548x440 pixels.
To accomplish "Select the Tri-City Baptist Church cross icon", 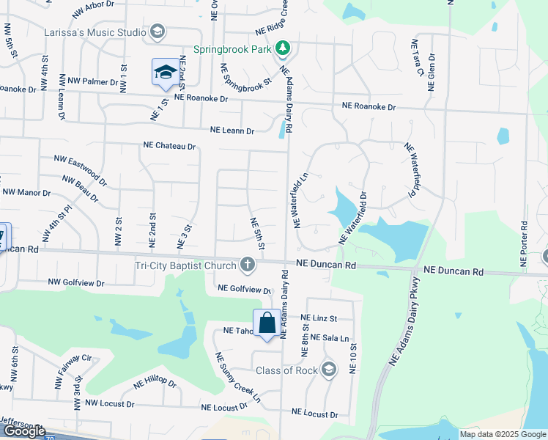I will pos(248,264).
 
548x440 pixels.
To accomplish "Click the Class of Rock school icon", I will pos(329,370).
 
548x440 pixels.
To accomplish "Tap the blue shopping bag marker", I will pos(266,323).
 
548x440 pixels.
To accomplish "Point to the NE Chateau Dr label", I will pos(170,147).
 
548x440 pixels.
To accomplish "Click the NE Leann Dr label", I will pos(232,131).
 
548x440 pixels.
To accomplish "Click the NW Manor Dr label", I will pos(26,193).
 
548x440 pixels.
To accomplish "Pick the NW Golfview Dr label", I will pos(76,282).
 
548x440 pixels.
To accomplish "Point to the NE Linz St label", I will pos(317,318).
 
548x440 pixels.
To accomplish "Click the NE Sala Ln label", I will pos(328,337).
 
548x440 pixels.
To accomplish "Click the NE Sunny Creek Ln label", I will pos(238,378).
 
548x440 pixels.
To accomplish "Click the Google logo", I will pos(23,431).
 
